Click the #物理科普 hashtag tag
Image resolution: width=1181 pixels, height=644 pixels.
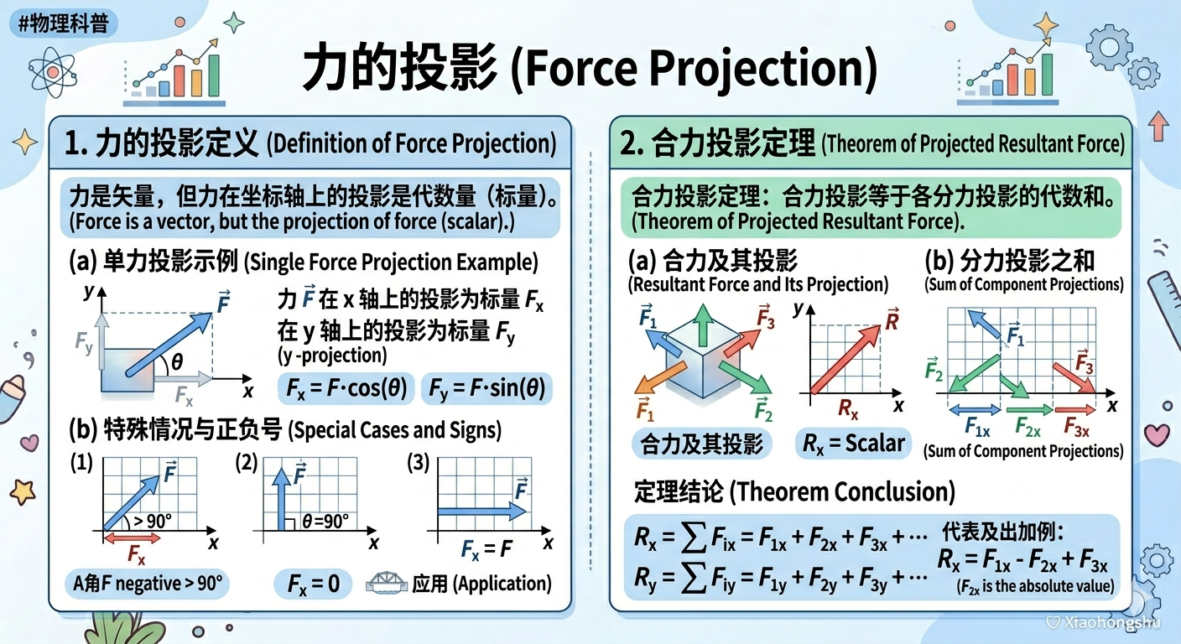pyautogui.click(x=63, y=23)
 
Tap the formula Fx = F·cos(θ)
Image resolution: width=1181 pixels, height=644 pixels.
pyautogui.click(x=346, y=388)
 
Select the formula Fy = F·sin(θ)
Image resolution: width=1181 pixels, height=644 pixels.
pyautogui.click(x=486, y=388)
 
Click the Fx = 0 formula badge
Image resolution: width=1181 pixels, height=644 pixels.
pyautogui.click(x=313, y=584)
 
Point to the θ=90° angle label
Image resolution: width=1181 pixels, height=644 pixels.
pyautogui.click(x=325, y=522)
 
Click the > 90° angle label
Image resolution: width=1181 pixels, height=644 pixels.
pyautogui.click(x=153, y=521)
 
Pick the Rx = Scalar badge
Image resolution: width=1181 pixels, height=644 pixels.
pyautogui.click(x=853, y=444)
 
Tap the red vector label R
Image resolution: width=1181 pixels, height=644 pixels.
pyautogui.click(x=892, y=319)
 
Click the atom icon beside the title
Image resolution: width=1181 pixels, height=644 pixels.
pyautogui.click(x=52, y=72)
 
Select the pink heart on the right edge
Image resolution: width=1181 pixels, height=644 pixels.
pyautogui.click(x=1157, y=434)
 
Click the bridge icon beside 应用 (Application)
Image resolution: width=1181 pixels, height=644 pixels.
pyautogui.click(x=387, y=582)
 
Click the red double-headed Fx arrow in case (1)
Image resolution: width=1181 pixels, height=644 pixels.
pyautogui.click(x=132, y=538)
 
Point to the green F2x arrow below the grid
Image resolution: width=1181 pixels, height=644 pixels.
pyautogui.click(x=1029, y=409)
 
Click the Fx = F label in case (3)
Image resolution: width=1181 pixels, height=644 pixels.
pyautogui.click(x=486, y=549)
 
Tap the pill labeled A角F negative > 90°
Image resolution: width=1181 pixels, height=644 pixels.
pyautogui.click(x=147, y=584)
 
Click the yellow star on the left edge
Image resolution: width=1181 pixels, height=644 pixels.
pyautogui.click(x=23, y=492)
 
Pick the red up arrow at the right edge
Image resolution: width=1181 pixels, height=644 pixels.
pyautogui.click(x=1158, y=126)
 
